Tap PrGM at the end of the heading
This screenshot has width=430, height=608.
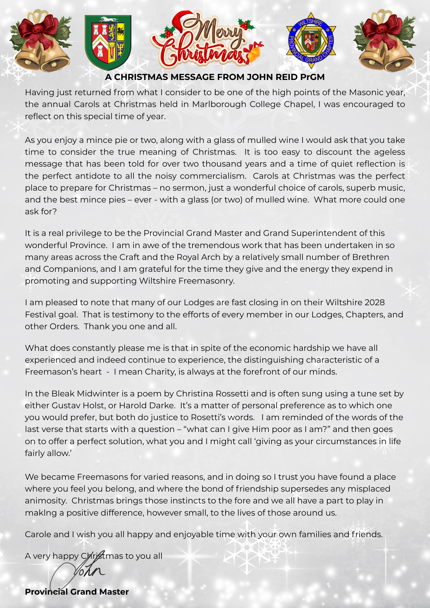(312, 77)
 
